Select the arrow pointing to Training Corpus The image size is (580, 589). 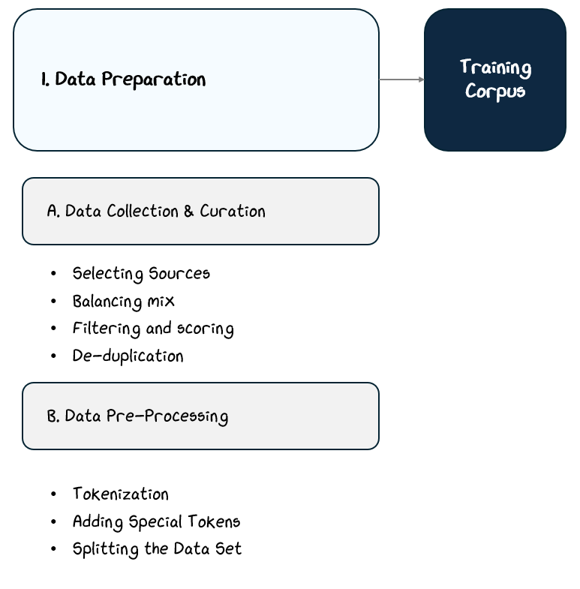pos(401,80)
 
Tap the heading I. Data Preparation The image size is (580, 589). pos(124,80)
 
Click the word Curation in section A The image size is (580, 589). pos(232,211)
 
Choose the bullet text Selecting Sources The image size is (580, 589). pos(141,273)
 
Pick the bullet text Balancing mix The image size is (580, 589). pos(123,301)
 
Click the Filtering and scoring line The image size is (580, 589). pos(153,329)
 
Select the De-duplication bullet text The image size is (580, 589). pos(128,356)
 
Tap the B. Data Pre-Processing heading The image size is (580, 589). pos(138,416)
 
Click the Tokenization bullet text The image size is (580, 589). pos(120,494)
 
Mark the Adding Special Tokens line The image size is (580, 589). pos(156,521)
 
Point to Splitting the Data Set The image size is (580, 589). pos(157,548)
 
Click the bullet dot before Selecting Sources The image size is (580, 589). pos(53,273)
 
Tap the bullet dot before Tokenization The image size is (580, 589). pos(53,494)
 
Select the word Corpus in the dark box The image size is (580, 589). pos(494,92)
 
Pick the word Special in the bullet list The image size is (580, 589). pos(159,521)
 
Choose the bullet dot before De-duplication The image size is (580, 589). pos(53,356)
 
